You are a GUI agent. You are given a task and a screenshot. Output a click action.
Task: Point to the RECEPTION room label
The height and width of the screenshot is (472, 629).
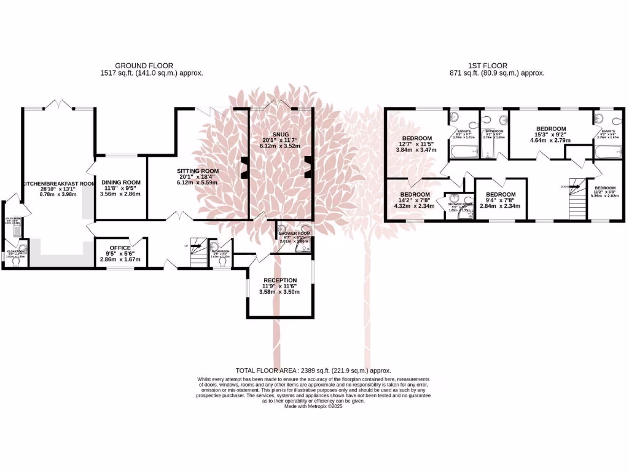(x=279, y=280)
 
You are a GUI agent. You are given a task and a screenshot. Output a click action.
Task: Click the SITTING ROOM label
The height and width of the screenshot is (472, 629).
(x=198, y=171)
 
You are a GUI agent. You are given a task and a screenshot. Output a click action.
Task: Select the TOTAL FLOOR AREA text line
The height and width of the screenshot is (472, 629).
(x=313, y=371)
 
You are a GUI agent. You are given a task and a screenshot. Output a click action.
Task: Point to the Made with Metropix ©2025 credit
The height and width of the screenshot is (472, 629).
(x=313, y=406)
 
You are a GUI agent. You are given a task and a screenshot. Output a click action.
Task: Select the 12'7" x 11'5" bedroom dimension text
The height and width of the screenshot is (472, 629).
(x=416, y=144)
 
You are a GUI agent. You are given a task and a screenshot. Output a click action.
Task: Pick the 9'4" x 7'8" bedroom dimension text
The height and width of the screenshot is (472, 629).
(x=501, y=200)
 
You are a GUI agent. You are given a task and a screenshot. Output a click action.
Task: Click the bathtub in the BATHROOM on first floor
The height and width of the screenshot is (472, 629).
(x=493, y=150)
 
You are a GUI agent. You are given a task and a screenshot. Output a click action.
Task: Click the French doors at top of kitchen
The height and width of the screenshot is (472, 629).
(x=59, y=104)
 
